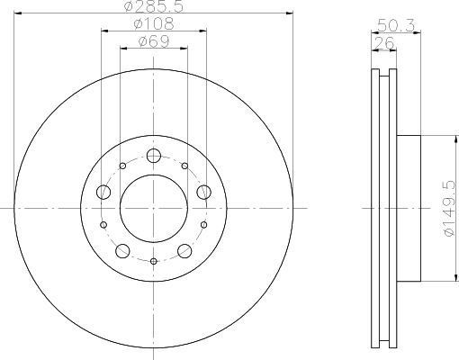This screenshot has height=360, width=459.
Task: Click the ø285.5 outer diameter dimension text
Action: (154, 7)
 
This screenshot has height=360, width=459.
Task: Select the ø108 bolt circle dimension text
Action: (154, 23)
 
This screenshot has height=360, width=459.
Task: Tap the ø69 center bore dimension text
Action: (154, 40)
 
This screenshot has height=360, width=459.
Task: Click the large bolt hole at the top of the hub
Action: (154, 154)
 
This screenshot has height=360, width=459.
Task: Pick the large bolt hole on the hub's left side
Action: (104, 192)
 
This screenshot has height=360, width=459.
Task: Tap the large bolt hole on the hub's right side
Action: (203, 191)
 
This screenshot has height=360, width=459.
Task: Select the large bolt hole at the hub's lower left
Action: (123, 250)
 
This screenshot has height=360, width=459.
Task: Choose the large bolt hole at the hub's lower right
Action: (184, 250)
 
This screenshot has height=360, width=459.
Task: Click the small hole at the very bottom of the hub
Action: (154, 262)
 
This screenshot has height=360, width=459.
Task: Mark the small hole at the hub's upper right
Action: (184, 166)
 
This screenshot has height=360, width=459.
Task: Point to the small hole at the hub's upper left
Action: (123, 166)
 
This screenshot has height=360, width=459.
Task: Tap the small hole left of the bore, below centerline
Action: (104, 224)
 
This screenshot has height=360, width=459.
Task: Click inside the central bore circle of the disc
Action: (154, 207)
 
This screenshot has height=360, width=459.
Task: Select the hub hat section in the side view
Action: (409, 207)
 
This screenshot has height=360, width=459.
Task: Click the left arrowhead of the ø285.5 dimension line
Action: (18, 13)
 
